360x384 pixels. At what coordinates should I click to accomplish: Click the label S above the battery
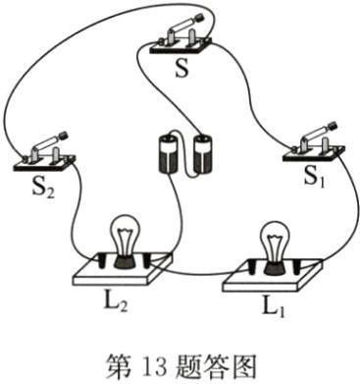[x=179, y=72]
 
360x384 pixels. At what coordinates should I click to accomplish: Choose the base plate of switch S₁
[x=314, y=155]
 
